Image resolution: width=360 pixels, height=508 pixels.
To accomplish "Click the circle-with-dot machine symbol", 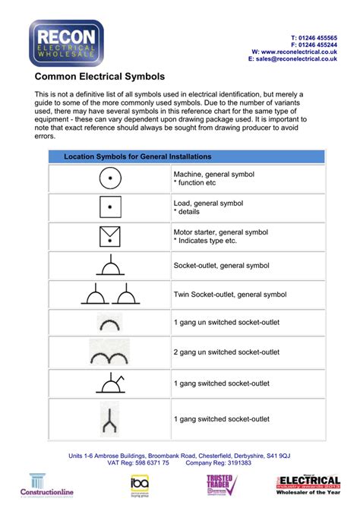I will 110,178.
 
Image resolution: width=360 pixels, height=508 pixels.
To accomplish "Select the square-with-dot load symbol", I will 110,207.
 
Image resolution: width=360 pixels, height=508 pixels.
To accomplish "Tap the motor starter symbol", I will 110,236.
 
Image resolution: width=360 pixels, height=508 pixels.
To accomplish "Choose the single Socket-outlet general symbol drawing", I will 110,266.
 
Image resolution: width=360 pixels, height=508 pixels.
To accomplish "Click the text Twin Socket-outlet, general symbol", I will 229,295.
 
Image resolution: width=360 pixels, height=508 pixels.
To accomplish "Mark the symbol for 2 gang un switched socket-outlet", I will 110,351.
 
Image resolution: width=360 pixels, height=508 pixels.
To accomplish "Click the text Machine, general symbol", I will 213,174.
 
